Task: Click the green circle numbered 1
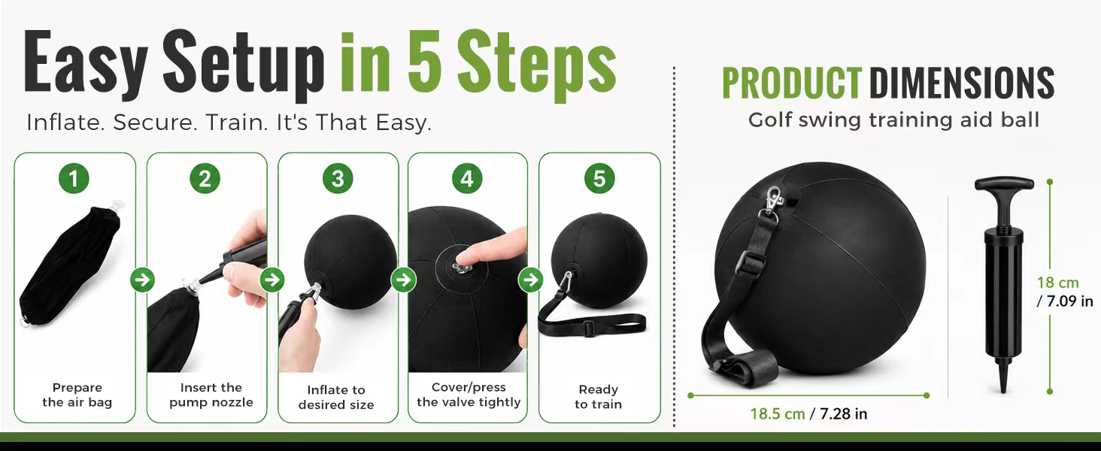coord(74,178)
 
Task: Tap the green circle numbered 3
coord(338,178)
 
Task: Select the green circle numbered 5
coord(599,178)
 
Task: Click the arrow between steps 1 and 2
coord(143,280)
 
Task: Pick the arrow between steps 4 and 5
coord(531,280)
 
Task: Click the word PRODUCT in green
coord(792,83)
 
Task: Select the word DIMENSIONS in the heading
coord(961,83)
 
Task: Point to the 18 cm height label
coord(1057,283)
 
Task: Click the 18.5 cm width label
coord(777,413)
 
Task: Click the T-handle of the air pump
coord(1004,184)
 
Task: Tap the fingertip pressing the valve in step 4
coord(462,258)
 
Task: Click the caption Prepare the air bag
coord(77,395)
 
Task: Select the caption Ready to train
coord(598,397)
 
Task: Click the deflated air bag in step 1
coord(69,265)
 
